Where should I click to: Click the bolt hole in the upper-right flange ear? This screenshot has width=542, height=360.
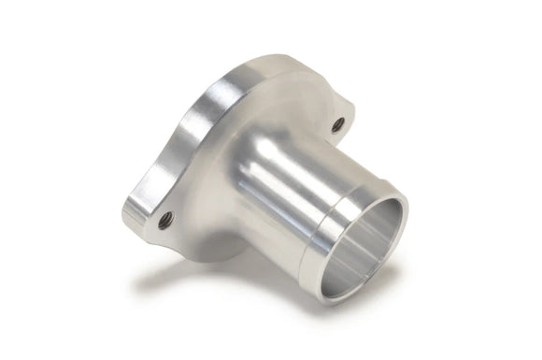pos(337,122)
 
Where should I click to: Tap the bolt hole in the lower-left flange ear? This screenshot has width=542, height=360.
pos(166,220)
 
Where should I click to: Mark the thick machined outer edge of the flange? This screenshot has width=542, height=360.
pos(201,131)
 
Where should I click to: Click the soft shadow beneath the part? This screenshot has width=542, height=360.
pos(215,281)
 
